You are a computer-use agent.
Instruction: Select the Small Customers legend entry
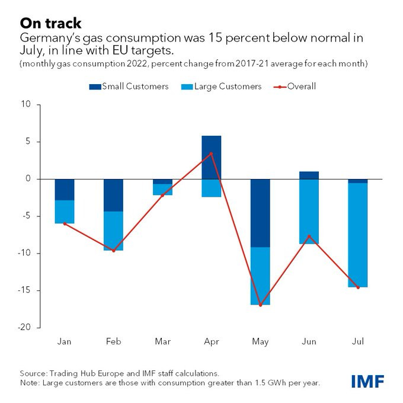click(129, 87)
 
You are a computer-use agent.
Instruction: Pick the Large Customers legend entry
click(223, 87)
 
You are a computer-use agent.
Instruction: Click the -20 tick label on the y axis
click(27, 328)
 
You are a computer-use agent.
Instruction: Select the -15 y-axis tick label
click(27, 290)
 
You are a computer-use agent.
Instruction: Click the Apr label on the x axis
click(212, 342)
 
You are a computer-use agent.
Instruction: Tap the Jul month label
click(358, 342)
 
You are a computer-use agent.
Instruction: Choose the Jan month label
click(65, 342)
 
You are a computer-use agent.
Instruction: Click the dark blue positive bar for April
click(212, 157)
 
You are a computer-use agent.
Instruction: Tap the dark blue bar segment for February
click(113, 195)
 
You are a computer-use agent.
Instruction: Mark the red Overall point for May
click(260, 305)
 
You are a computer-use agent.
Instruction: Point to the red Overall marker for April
click(212, 153)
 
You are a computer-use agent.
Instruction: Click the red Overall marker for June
click(309, 236)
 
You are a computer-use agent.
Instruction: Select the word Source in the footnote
click(33, 373)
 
